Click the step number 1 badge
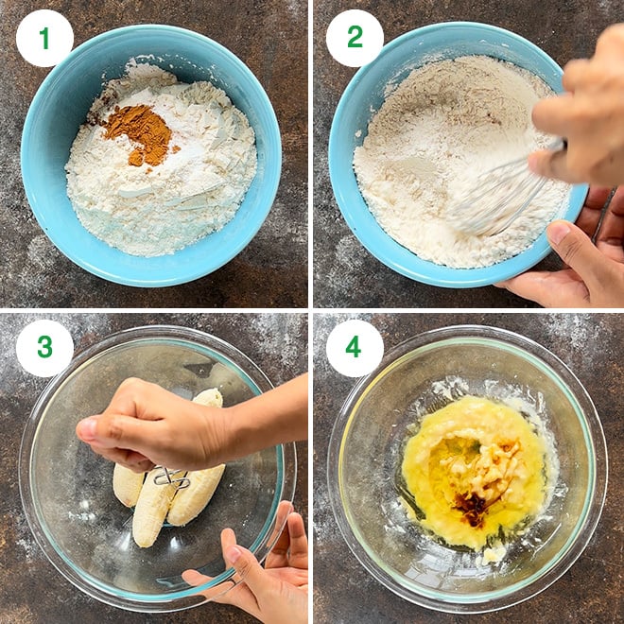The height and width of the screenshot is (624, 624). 44,38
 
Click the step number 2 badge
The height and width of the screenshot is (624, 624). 355,38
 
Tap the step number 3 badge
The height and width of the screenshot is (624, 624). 44,347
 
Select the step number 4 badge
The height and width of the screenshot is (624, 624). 355,347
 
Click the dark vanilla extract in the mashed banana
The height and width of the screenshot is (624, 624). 473,506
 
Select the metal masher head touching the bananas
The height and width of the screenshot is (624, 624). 171,477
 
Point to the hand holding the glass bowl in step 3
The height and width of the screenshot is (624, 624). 255,567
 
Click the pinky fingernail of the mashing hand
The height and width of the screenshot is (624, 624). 88,429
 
